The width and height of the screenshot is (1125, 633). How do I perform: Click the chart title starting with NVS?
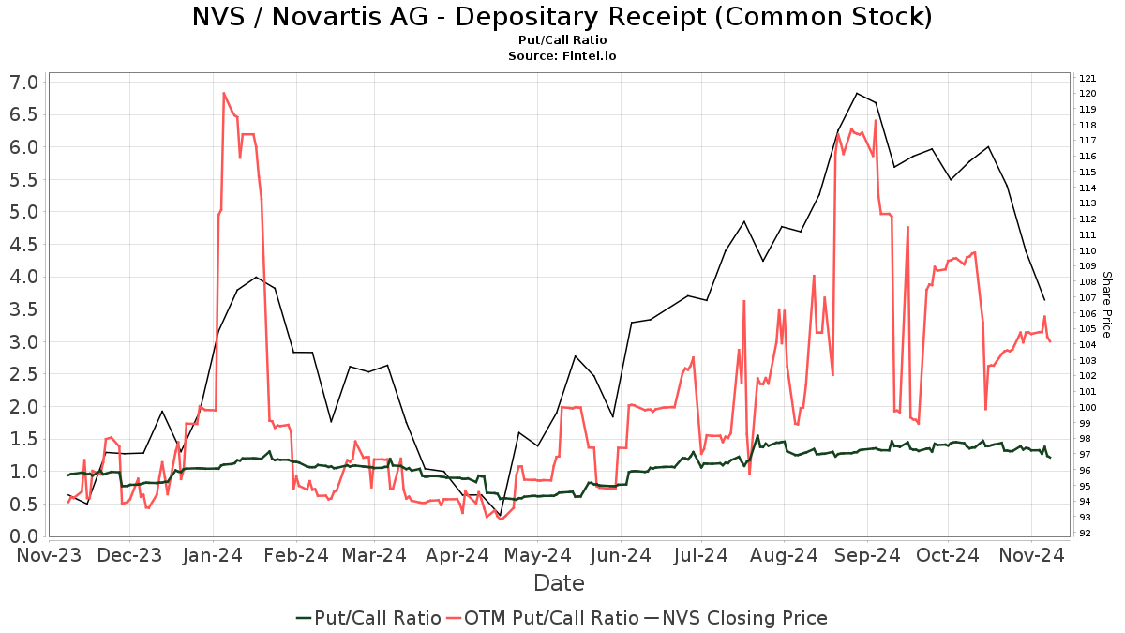click(562, 17)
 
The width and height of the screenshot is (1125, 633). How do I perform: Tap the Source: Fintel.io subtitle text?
click(562, 55)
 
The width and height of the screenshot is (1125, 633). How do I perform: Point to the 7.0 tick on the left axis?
click(24, 83)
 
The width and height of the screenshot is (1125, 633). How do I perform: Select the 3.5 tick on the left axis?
click(24, 309)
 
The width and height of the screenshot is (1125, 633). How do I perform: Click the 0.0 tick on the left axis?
click(24, 536)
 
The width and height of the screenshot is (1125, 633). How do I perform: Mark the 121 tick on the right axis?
click(1087, 78)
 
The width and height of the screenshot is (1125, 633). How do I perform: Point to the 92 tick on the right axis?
click(1085, 533)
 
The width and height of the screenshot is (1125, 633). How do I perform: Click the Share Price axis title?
click(1106, 305)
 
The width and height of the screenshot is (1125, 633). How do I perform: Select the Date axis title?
click(559, 583)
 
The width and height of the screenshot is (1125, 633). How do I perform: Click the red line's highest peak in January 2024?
click(223, 93)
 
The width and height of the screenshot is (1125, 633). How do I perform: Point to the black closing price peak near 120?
click(857, 93)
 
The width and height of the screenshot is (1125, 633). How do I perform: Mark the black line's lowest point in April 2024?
click(501, 515)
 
